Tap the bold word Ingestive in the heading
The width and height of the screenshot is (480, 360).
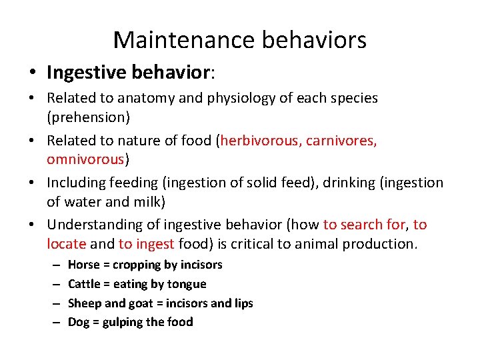(x=83, y=73)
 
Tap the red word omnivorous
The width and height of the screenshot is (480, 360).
(x=85, y=159)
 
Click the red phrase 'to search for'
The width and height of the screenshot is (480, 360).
(x=364, y=225)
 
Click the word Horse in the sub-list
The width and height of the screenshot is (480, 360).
(x=83, y=265)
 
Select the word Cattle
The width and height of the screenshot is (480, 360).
(x=85, y=284)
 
